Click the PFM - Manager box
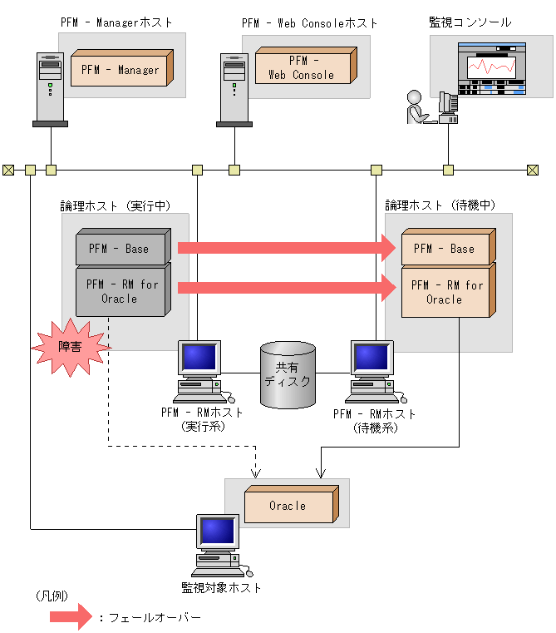(x=121, y=69)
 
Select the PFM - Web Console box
(x=301, y=67)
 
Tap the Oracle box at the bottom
(x=288, y=506)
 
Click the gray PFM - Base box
(x=120, y=248)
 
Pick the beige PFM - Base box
(x=444, y=248)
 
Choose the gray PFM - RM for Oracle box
(x=120, y=291)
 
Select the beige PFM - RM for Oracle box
(x=444, y=292)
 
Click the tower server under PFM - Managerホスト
(x=50, y=88)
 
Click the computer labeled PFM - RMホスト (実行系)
(x=200, y=370)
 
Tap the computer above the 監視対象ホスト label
(x=218, y=545)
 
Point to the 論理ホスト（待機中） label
(x=440, y=205)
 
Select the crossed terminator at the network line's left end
(x=8, y=170)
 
